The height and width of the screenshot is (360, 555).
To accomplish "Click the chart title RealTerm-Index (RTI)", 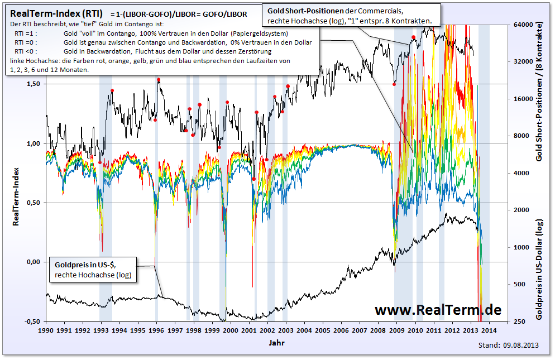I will (57, 13).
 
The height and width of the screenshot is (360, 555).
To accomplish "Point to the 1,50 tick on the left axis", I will (33, 84).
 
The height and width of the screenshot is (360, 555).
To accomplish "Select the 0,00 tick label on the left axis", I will (33, 262).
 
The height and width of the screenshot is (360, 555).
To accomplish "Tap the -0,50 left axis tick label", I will (32, 321).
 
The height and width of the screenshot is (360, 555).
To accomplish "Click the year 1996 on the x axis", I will (157, 330).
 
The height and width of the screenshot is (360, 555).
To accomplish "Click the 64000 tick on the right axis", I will (521, 25).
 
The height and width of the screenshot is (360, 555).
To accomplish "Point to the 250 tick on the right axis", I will (518, 321).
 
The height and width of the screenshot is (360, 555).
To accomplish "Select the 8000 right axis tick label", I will (520, 136).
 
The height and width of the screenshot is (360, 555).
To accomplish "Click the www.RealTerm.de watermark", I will (438, 310).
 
